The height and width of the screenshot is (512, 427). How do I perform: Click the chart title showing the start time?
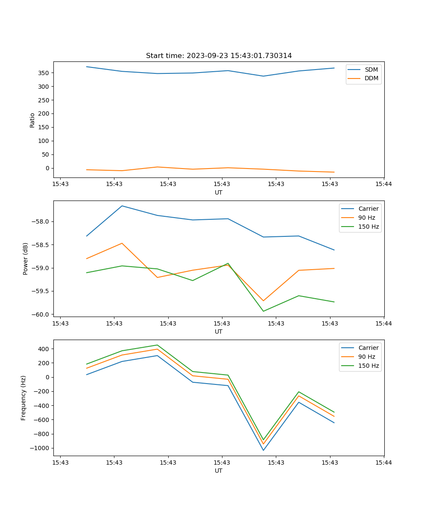(219, 56)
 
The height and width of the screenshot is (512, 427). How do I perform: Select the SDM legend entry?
(371, 70)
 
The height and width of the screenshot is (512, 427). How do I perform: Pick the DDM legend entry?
(371, 78)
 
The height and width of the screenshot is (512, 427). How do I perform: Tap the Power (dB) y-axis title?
(26, 259)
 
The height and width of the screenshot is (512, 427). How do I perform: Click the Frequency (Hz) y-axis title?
(23, 398)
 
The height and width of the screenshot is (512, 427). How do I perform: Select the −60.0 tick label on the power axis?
(40, 314)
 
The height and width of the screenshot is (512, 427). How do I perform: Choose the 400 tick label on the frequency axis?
(43, 349)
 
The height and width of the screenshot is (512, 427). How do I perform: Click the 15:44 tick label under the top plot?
(383, 184)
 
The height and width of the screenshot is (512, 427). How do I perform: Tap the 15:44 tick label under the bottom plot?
(383, 463)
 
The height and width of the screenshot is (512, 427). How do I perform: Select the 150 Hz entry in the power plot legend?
(369, 227)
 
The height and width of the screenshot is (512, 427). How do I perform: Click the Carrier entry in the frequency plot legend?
(368, 348)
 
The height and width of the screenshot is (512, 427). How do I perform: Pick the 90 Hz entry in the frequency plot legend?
(366, 357)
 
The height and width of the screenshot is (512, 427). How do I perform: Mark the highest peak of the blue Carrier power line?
(122, 206)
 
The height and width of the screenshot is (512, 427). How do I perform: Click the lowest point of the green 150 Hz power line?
(263, 311)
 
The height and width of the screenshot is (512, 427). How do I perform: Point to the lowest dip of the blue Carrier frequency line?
(263, 450)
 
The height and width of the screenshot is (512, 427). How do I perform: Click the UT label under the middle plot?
(219, 332)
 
